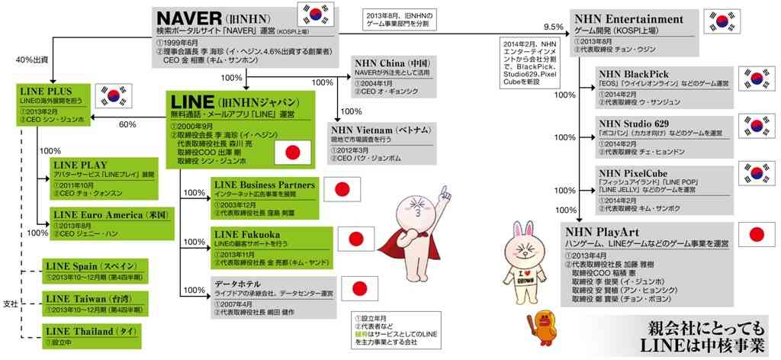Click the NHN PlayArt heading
tap(607, 230)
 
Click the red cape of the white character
tap(387, 252)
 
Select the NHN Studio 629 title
tap(635, 121)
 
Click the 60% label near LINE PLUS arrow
tap(127, 124)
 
